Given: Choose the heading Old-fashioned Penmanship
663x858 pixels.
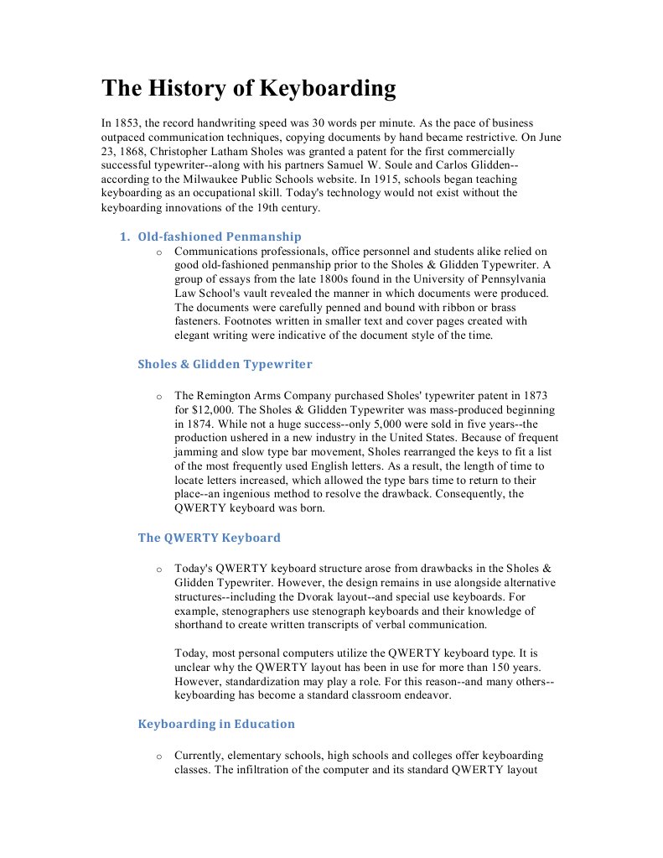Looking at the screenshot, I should [220, 237].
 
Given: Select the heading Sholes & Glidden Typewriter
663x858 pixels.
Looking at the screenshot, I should [225, 364].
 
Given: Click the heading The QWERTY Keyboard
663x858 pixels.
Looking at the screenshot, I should [209, 538].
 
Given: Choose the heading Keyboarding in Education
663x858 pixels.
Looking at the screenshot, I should [216, 724].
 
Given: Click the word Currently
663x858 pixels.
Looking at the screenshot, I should [201, 756].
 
